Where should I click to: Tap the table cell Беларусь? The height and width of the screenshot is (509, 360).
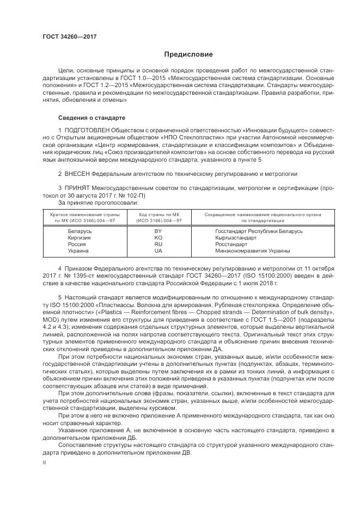[x=80, y=231]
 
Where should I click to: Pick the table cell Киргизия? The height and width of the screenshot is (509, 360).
[x=79, y=238]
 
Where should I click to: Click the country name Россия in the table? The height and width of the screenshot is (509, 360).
[x=77, y=244]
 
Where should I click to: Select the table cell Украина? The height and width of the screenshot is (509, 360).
[x=78, y=251]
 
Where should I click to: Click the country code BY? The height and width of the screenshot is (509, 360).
[x=158, y=231]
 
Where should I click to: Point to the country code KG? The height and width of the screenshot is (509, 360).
[x=158, y=238]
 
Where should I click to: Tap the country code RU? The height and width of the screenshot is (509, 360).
[x=158, y=244]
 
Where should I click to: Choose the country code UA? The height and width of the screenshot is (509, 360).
[x=158, y=251]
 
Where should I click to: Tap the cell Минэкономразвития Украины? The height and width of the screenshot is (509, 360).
[x=253, y=251]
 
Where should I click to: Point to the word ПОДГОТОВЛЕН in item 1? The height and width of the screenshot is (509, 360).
[x=87, y=131]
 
